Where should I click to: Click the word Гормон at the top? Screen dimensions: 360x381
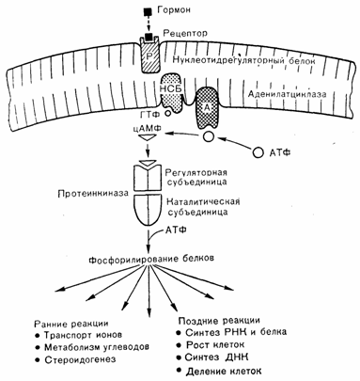click(174, 10)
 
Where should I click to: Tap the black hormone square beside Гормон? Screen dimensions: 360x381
click(148, 12)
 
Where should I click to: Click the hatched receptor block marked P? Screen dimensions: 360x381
click(149, 56)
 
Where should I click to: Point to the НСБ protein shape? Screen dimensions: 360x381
click(171, 93)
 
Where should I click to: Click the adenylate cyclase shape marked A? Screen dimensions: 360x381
click(207, 107)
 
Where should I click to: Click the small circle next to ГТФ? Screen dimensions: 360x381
click(168, 113)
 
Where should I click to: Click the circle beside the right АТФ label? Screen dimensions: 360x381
click(258, 152)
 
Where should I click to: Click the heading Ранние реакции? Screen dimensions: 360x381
click(71, 323)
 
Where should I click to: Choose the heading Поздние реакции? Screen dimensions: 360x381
click(219, 321)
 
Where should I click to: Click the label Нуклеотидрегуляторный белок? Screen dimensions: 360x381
click(244, 60)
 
